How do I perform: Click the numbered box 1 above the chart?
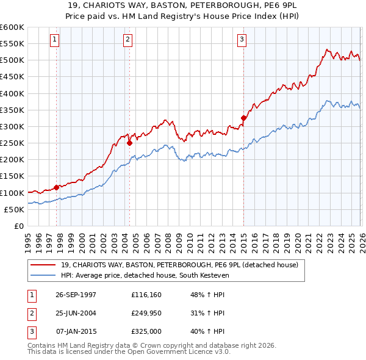(x=54, y=40)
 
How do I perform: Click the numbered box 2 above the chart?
(x=128, y=40)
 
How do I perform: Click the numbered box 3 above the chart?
(x=242, y=40)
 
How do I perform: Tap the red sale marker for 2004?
(x=129, y=143)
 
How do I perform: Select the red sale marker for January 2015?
(x=243, y=118)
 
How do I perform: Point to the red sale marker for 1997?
(x=57, y=187)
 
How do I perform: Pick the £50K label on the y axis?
(x=13, y=209)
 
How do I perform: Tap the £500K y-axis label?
(x=12, y=60)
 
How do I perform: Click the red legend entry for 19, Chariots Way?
(x=179, y=265)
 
